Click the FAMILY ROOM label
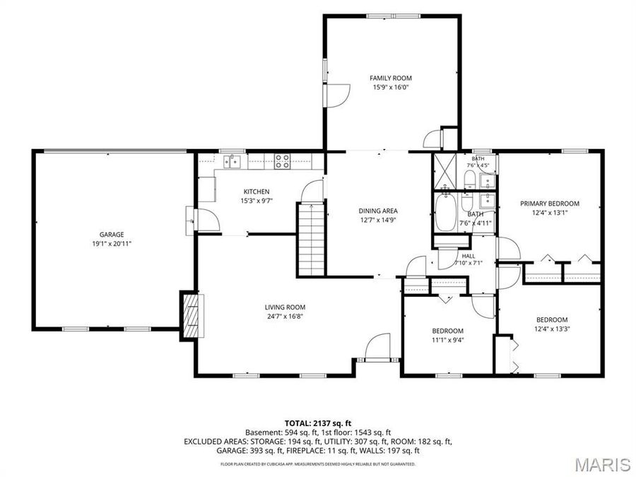(x=390, y=78)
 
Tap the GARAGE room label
(x=112, y=235)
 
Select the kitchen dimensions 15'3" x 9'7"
(x=256, y=201)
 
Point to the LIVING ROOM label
(x=285, y=307)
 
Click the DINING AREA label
(x=378, y=211)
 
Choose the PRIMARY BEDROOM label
(x=550, y=204)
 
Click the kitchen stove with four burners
(x=282, y=161)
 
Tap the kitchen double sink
(x=232, y=161)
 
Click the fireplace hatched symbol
(x=192, y=317)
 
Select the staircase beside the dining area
(x=312, y=240)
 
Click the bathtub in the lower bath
(x=445, y=212)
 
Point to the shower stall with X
(x=444, y=171)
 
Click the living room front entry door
(x=377, y=347)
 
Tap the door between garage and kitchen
(x=207, y=220)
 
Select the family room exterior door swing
(x=336, y=95)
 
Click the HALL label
(x=468, y=257)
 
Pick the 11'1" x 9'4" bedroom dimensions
(x=447, y=340)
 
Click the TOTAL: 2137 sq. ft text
(x=318, y=424)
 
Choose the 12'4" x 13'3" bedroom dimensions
(x=552, y=329)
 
